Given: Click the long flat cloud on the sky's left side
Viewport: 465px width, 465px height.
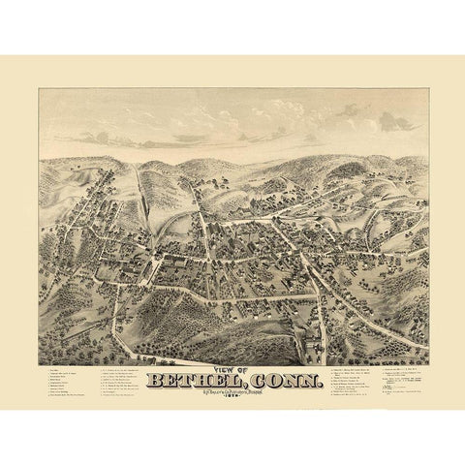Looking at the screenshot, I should (107, 100).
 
